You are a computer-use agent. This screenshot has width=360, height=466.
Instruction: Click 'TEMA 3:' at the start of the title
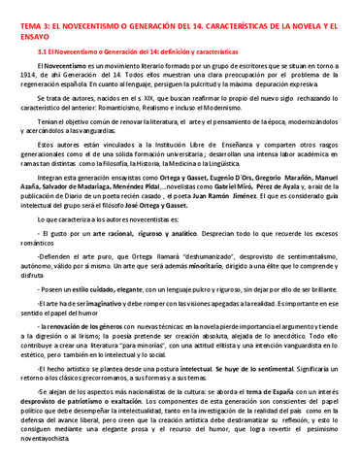pyautogui.click(x=21, y=13)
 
